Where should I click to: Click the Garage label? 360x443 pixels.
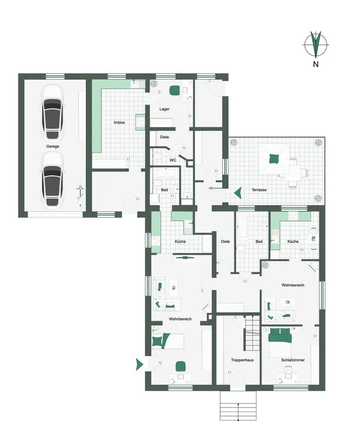click(x=53, y=146)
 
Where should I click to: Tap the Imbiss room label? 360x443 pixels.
click(x=119, y=122)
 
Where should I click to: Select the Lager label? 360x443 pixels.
click(x=164, y=109)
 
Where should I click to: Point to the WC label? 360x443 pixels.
click(x=173, y=160)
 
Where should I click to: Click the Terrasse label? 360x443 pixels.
click(x=259, y=190)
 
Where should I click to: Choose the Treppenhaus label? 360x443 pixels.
click(x=242, y=360)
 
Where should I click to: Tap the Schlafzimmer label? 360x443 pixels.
click(x=293, y=360)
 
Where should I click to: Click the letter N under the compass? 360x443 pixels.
click(x=316, y=64)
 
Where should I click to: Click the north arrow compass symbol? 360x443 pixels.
click(x=316, y=44)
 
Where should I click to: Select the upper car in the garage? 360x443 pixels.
click(x=53, y=113)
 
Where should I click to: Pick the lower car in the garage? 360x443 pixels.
click(x=53, y=180)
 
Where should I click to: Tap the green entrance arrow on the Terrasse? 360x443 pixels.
click(x=238, y=193)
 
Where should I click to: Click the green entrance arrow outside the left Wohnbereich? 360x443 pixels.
click(x=139, y=365)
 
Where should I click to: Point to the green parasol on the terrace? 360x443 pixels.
click(x=274, y=159)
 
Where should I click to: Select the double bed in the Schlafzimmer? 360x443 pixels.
click(x=279, y=342)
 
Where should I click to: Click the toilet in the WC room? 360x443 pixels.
click(x=158, y=156)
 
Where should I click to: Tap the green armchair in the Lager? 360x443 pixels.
click(x=174, y=90)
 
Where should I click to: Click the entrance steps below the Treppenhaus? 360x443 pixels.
click(x=238, y=405)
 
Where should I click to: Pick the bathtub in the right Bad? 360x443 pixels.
click(x=242, y=226)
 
